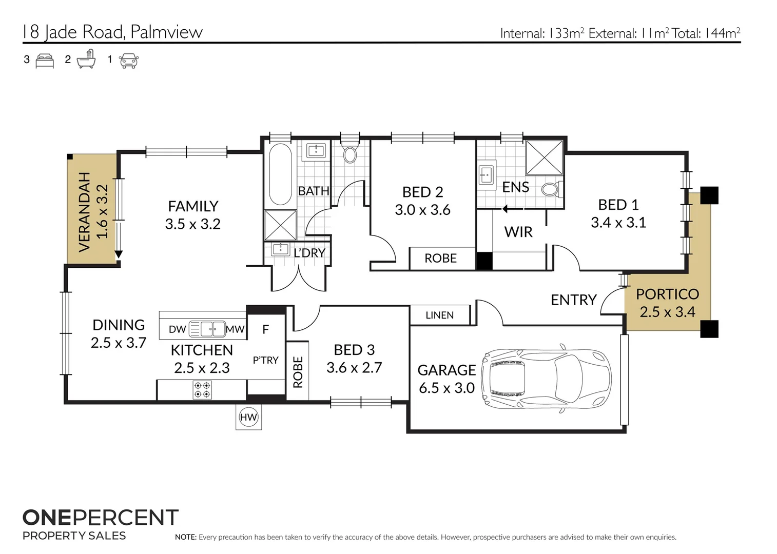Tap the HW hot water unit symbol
[x=248, y=417]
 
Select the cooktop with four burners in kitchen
[x=202, y=390]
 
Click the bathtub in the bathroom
[x=280, y=174]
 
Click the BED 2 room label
[x=422, y=192]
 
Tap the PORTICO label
[x=667, y=294]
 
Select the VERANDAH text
[x=84, y=212]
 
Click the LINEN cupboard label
[x=439, y=315]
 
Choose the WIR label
[x=518, y=232]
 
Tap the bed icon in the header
[x=45, y=61]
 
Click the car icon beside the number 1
[x=128, y=61]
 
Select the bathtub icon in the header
[x=86, y=60]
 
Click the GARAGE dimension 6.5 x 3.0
[x=446, y=388]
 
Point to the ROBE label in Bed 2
[x=440, y=258]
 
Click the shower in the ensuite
[x=544, y=157]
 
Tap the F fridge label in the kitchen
[x=265, y=329]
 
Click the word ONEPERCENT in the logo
[x=101, y=518]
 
